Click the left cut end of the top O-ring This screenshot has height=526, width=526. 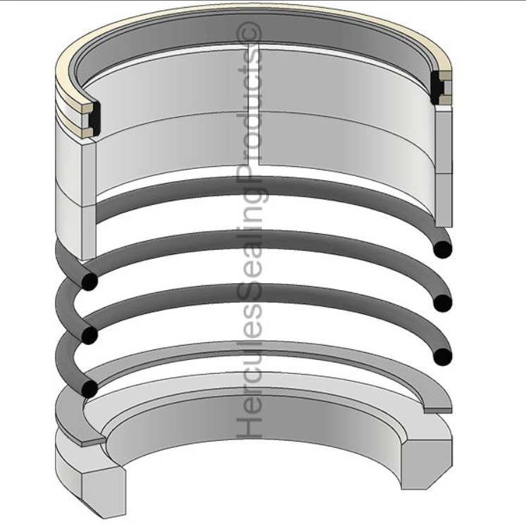[89, 281]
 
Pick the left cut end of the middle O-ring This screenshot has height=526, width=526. [89, 334]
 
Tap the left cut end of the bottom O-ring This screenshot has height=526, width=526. [89, 389]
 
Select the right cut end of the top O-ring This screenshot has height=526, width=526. [443, 249]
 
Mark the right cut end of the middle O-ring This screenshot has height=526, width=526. [443, 303]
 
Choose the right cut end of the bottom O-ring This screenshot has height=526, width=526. [443, 356]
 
